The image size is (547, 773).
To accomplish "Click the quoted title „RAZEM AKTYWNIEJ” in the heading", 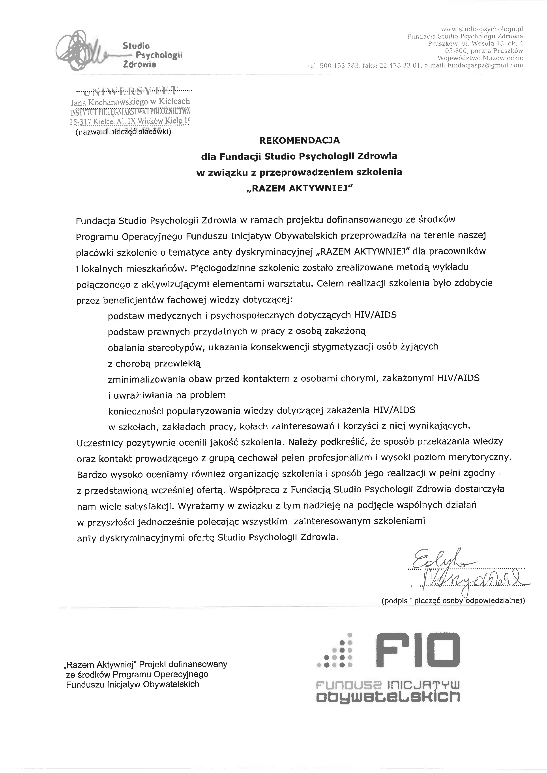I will pyautogui.click(x=299, y=189).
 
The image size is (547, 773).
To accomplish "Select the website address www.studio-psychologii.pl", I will pyautogui.click(x=482, y=29).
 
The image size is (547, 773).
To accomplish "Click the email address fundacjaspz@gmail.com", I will pyautogui.click(x=485, y=65).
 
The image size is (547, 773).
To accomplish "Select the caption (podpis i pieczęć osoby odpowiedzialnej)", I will pyautogui.click(x=453, y=600).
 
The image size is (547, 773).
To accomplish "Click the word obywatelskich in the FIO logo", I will pyautogui.click(x=388, y=696).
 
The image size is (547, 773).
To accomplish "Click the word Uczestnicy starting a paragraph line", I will pyautogui.click(x=100, y=443).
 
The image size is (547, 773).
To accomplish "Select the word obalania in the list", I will pyautogui.click(x=123, y=347).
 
